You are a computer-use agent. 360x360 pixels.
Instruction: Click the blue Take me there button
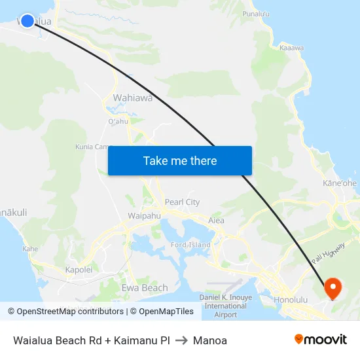[180, 160]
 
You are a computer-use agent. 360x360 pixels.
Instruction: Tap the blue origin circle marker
[27, 21]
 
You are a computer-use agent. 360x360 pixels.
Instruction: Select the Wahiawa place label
[133, 98]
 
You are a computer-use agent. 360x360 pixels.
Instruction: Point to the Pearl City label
[183, 202]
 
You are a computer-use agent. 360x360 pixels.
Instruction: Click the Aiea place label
[216, 221]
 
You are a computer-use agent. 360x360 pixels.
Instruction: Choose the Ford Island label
[190, 245]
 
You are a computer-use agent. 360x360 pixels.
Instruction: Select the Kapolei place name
[79, 269]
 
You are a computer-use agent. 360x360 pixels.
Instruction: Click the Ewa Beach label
[145, 288]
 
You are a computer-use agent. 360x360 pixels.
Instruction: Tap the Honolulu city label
[291, 300]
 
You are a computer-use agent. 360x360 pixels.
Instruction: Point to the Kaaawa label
[291, 47]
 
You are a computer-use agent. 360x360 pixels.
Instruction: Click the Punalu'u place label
[256, 13]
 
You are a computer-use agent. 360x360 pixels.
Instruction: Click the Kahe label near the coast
[30, 249]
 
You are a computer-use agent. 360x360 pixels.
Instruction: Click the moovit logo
[321, 339]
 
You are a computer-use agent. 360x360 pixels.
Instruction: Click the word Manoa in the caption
[210, 340]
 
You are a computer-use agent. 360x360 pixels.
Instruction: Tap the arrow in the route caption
[181, 340]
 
